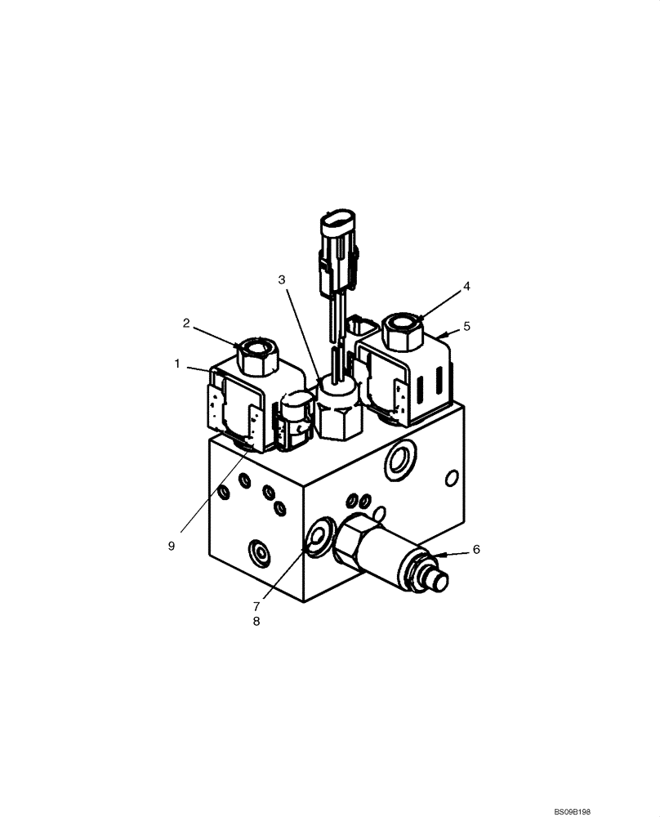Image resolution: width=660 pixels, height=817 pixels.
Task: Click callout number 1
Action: pos(177,364)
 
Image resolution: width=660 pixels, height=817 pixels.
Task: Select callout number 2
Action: pos(186,324)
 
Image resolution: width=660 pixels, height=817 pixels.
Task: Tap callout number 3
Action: pos(282,279)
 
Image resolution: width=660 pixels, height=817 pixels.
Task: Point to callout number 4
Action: pos(466,287)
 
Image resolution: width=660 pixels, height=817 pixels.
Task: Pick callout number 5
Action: pos(466,326)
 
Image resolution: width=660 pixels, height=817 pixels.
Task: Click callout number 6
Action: pos(476,550)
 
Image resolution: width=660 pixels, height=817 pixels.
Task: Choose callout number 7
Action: pos(256,606)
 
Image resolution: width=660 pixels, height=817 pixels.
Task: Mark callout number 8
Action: pos(256,622)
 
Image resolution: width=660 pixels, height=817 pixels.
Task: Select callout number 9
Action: pos(172,547)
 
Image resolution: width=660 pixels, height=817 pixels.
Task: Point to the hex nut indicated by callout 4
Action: pos(400,331)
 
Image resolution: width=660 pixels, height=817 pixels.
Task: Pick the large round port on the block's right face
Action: pos(399,462)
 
